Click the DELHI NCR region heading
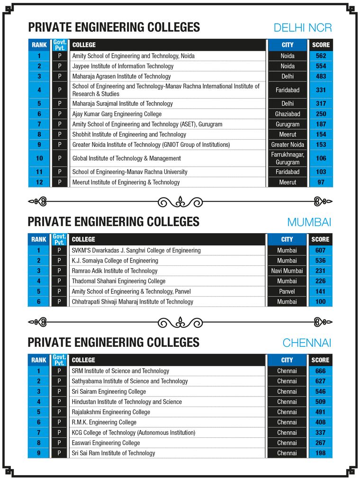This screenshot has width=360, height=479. pos(303,27)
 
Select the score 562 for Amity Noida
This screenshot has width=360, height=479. pos(321,56)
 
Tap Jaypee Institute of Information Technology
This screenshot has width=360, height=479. pos(123,66)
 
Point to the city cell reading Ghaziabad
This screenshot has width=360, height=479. pos(287,114)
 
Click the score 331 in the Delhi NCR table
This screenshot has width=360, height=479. pos(321,90)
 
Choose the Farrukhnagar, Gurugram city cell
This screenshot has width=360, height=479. pos(287,158)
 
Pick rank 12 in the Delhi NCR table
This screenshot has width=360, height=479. pos(39,182)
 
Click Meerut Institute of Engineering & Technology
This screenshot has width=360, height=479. pos(126,182)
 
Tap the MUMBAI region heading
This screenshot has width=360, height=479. pos(309,222)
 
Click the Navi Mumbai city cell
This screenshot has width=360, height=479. pos(287,271)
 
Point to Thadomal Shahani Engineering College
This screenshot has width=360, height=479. pos(118,281)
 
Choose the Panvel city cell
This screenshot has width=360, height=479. pos(287,292)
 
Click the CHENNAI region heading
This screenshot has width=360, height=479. pos(306,343)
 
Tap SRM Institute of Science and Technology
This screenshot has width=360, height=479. pos(120,371)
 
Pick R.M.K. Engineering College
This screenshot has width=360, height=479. pos(104,423)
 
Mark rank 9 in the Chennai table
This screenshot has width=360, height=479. pos(39,453)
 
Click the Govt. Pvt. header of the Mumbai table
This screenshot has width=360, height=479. pos(59,239)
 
